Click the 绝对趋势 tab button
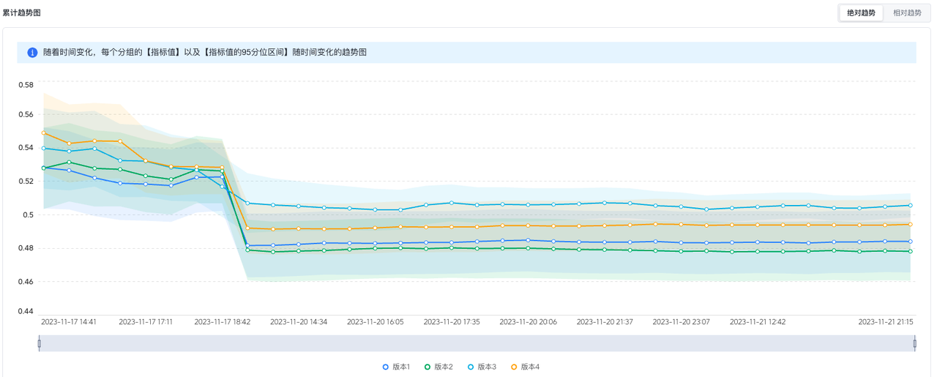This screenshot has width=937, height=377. [861, 12]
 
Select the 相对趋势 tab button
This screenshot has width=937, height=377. [907, 12]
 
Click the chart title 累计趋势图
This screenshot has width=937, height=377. [22, 12]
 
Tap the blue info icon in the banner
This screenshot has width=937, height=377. [32, 53]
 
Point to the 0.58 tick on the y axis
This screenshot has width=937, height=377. [26, 85]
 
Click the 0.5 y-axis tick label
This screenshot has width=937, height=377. [29, 214]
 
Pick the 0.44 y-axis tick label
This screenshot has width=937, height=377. [26, 311]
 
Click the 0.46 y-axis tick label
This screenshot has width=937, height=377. [26, 281]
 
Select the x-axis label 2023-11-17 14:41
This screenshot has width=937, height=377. [69, 321]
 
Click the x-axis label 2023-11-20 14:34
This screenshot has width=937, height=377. [299, 321]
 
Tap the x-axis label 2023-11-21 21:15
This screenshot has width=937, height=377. [886, 321]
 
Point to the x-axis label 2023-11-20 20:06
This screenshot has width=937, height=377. [528, 321]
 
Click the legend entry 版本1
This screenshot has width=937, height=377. [396, 367]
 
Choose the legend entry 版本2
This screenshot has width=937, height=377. [439, 367]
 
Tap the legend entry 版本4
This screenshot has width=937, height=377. [526, 367]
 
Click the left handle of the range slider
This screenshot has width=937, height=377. [40, 343]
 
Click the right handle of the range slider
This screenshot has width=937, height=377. [914, 343]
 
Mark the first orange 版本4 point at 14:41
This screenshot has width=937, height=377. [44, 133]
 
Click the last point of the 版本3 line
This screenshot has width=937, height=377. [910, 205]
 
